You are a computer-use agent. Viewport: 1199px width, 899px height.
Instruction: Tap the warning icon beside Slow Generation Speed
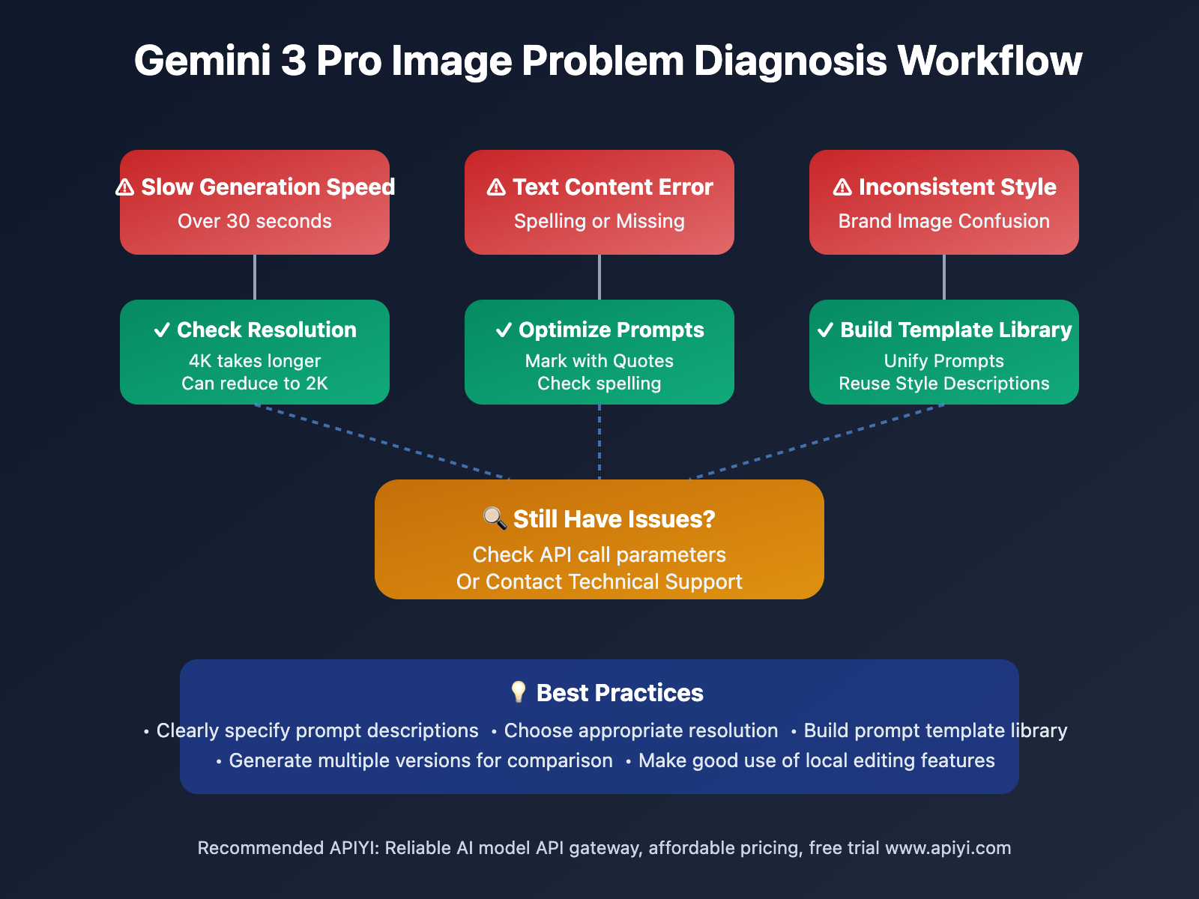tap(125, 187)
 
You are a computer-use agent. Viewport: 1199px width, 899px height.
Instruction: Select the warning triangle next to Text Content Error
tap(496, 187)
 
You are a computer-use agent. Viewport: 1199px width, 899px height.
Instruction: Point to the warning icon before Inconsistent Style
tap(842, 187)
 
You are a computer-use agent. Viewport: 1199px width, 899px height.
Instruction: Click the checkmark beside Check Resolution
tap(162, 330)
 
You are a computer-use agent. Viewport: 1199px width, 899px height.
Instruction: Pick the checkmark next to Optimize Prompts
tap(504, 330)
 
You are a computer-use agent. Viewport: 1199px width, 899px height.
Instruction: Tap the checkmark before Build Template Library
tap(825, 330)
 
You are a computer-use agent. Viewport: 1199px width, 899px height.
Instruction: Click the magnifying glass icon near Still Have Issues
tap(495, 518)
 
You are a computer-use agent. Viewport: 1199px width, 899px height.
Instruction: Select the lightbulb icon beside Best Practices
tap(518, 691)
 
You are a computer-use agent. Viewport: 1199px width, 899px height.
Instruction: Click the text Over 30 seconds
tap(255, 221)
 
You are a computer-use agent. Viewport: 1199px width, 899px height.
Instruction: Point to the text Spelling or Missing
tap(599, 221)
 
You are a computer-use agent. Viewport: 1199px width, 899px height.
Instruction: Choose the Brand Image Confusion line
tap(944, 221)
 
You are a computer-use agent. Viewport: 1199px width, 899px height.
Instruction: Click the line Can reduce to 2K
tap(255, 384)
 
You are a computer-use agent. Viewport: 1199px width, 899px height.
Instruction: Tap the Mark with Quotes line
tap(599, 361)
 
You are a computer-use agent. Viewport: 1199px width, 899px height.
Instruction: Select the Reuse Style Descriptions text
tap(944, 384)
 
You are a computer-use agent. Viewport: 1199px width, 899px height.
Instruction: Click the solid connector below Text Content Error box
tap(599, 277)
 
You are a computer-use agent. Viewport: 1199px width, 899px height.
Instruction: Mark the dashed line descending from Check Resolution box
tap(382, 442)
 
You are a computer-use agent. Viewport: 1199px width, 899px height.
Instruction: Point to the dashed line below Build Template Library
tap(817, 442)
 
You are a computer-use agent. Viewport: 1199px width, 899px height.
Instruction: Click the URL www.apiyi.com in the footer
tap(948, 848)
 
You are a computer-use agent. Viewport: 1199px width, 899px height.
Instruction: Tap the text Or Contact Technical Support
tap(599, 582)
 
